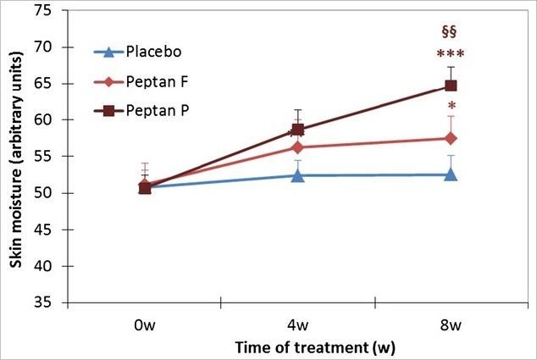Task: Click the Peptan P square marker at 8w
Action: (x=451, y=86)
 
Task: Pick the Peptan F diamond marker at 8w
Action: (x=451, y=138)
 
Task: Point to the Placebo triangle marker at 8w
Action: (x=451, y=174)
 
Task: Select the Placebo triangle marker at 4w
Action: (x=297, y=175)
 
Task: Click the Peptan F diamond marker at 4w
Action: (x=297, y=147)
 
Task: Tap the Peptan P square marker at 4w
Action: (x=297, y=130)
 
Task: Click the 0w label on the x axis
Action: (x=145, y=325)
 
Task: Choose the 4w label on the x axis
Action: (x=298, y=325)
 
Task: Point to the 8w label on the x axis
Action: (x=451, y=325)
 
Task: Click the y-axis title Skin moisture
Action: (x=16, y=157)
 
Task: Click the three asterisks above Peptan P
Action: (x=451, y=56)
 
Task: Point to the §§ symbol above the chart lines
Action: (x=449, y=32)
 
